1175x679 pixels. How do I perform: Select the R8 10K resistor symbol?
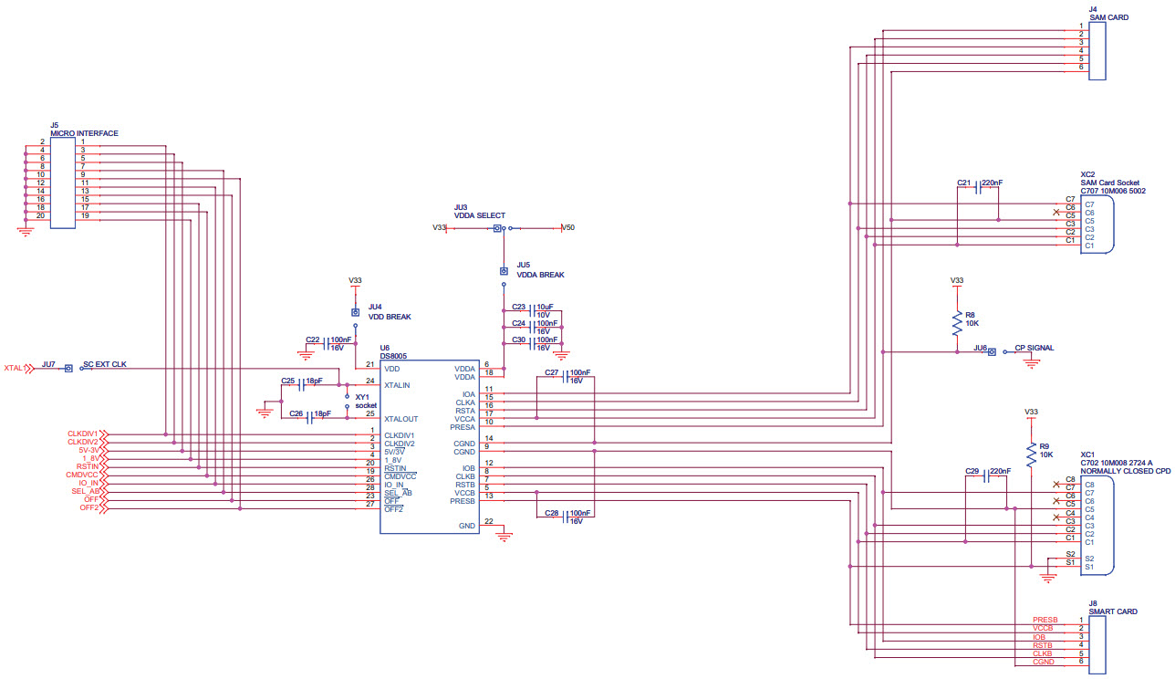pyautogui.click(x=956, y=323)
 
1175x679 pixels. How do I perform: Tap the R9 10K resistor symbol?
pyautogui.click(x=1032, y=454)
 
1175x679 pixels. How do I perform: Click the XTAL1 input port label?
pyautogui.click(x=14, y=369)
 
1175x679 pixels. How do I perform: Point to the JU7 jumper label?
pyautogui.click(x=48, y=363)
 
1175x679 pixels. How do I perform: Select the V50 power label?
pyautogui.click(x=568, y=227)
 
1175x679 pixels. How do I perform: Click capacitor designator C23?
pyautogui.click(x=518, y=307)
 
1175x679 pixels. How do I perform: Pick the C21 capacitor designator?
pyautogui.click(x=964, y=183)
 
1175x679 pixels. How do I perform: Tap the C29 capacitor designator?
pyautogui.click(x=972, y=471)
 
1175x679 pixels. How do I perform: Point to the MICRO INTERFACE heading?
pyautogui.click(x=84, y=133)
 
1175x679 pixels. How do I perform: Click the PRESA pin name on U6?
pyautogui.click(x=463, y=427)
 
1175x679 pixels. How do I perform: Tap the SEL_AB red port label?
pyautogui.click(x=85, y=491)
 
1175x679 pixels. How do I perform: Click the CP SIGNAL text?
pyautogui.click(x=1035, y=348)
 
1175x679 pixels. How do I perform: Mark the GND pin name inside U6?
pyautogui.click(x=467, y=526)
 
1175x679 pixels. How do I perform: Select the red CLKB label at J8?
pyautogui.click(x=1043, y=653)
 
